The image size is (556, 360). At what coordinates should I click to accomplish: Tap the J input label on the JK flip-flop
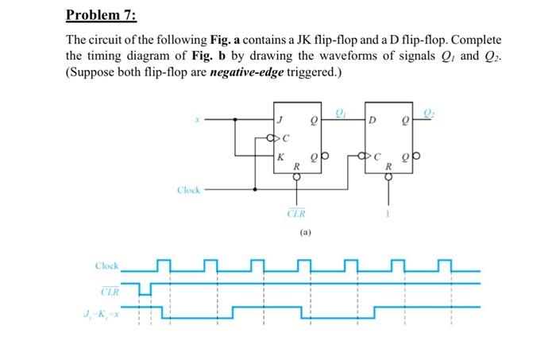[x=279, y=121]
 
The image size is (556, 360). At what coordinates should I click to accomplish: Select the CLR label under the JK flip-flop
[x=295, y=212]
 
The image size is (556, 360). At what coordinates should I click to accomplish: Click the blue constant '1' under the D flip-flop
[x=388, y=212]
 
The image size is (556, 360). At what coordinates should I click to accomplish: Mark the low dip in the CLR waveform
[x=145, y=291]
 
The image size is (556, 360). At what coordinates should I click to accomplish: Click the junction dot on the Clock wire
[x=255, y=190]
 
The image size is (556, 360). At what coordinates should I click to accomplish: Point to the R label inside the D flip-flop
[x=388, y=167]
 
